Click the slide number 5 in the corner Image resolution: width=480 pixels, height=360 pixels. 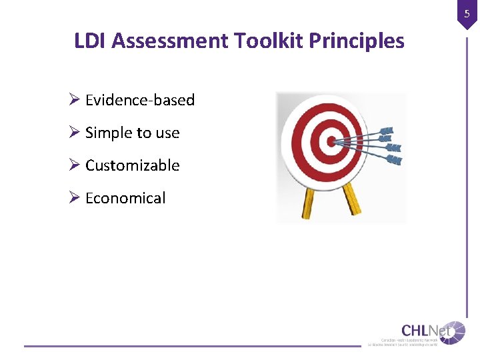(467, 13)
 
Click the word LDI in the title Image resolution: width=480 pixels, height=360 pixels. (91, 41)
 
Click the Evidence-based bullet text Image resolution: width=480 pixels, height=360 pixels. (140, 100)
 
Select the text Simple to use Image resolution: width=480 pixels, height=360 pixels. (133, 133)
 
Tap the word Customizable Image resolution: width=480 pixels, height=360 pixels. (133, 165)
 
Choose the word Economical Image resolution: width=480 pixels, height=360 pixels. (125, 198)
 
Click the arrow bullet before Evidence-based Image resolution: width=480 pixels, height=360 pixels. (75, 100)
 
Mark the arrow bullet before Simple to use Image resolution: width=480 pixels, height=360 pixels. (75, 133)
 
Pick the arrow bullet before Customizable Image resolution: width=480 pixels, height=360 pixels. (75, 165)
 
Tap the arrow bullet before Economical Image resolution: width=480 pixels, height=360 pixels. (75, 198)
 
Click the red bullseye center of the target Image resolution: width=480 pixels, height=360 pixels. (329, 141)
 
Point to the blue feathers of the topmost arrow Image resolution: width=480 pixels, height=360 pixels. (386, 131)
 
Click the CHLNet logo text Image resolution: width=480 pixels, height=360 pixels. (424, 330)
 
